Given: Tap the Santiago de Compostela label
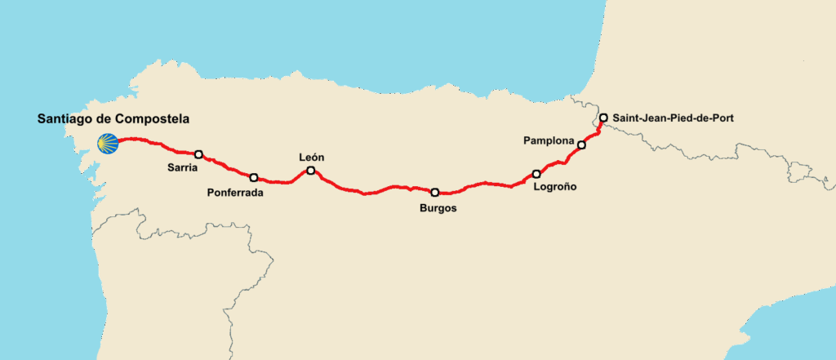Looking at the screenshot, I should (113, 119).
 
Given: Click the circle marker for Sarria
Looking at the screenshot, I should (198, 153).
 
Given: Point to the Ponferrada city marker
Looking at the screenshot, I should (254, 177).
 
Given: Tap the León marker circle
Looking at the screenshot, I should (310, 171).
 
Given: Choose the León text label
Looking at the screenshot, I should (312, 157).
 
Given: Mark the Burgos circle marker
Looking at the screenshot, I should (435, 193).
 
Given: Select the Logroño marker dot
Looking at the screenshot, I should (536, 174).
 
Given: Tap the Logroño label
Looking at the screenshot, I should (554, 188).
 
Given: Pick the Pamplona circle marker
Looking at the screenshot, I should (581, 145).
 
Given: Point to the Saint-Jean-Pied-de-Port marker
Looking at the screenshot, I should (603, 118).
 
